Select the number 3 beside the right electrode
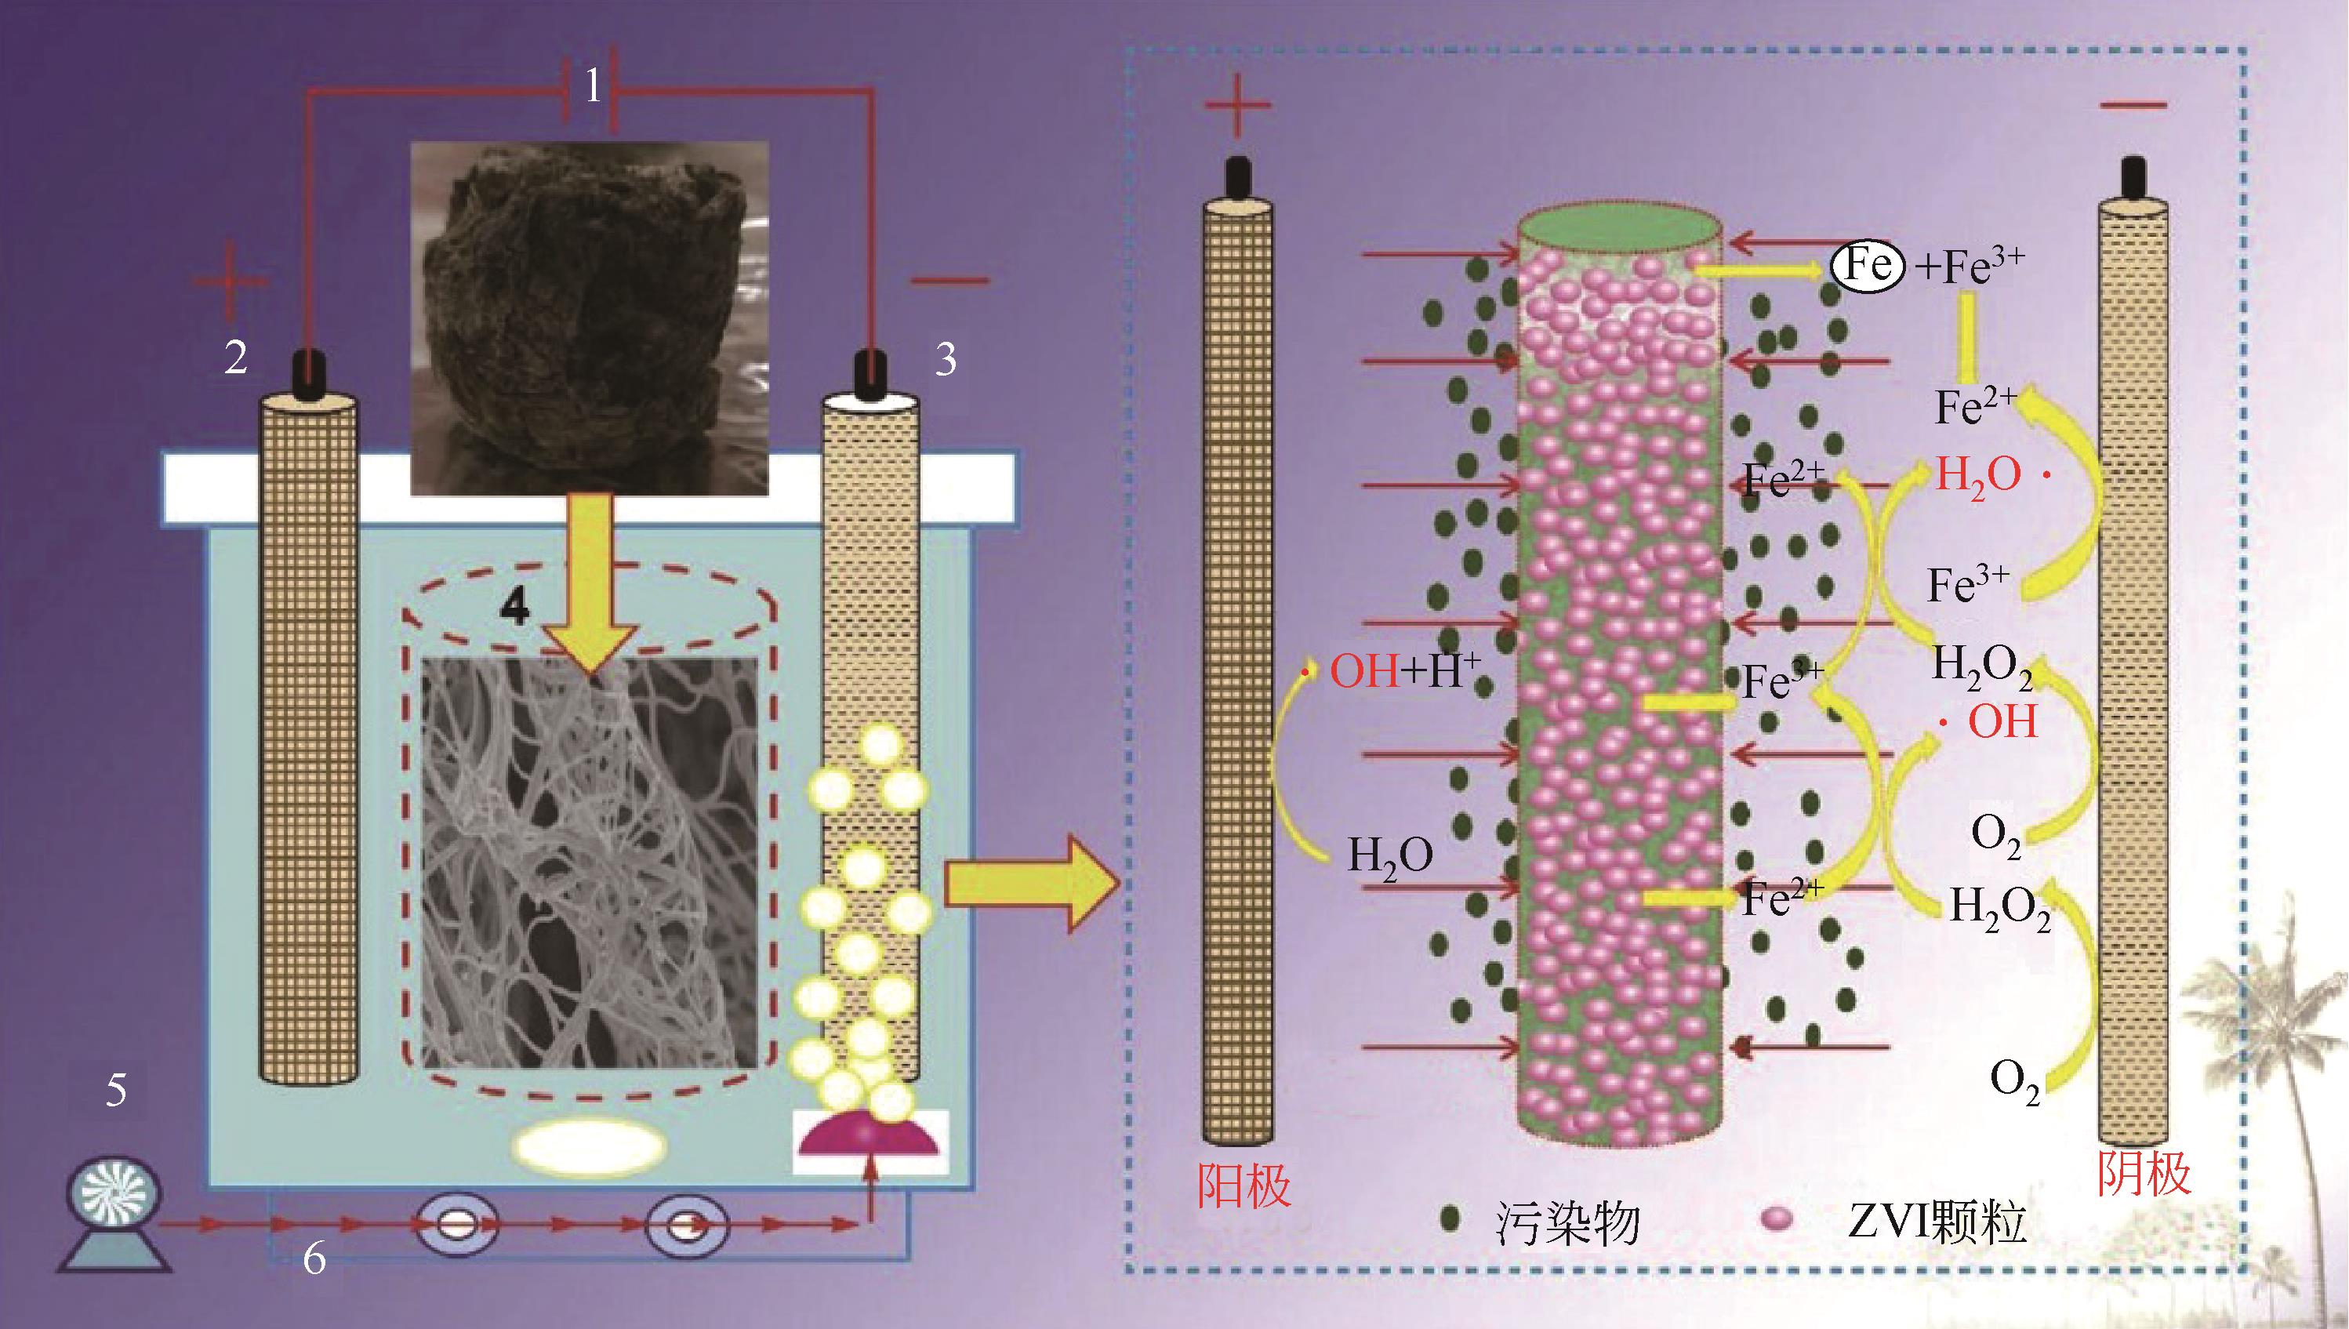coord(946,360)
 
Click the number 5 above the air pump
coord(116,1090)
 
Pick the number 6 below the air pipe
coord(314,1260)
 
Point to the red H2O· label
coord(1987,477)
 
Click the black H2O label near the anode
coord(1390,857)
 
